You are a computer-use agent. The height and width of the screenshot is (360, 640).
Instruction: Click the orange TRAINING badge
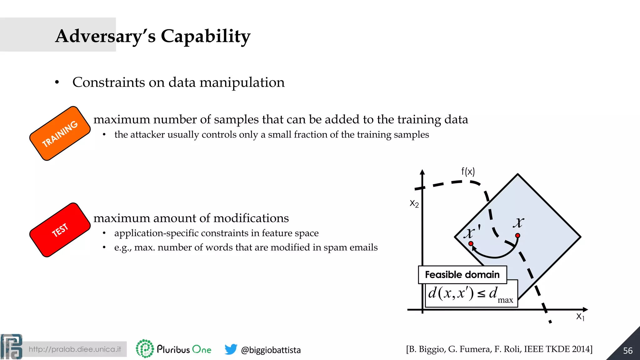60,133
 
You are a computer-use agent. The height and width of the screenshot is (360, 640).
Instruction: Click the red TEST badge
60,230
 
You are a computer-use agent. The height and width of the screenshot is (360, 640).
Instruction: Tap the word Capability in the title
205,36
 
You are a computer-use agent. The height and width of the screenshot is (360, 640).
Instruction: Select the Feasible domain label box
462,275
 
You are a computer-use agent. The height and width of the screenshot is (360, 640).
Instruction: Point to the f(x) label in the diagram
468,171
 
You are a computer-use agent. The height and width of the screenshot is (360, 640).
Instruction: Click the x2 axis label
414,204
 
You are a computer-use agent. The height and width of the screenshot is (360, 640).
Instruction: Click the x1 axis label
580,317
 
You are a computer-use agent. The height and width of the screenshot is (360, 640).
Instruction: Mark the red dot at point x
517,236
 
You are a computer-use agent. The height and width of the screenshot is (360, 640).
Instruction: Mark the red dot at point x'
471,243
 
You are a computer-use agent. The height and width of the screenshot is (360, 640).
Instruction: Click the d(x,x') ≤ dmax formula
471,294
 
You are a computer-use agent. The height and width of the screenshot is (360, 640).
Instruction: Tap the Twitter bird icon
231,349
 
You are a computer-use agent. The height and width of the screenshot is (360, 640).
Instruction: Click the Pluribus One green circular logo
145,348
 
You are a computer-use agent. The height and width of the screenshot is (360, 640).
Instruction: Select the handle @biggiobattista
271,350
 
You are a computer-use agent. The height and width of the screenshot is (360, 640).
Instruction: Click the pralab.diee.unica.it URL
75,349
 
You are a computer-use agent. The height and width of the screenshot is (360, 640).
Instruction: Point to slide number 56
627,351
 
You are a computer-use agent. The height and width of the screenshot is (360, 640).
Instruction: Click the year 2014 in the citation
582,349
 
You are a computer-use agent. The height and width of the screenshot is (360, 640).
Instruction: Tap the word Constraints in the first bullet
108,82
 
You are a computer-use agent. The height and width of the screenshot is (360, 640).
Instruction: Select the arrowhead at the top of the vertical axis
422,172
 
